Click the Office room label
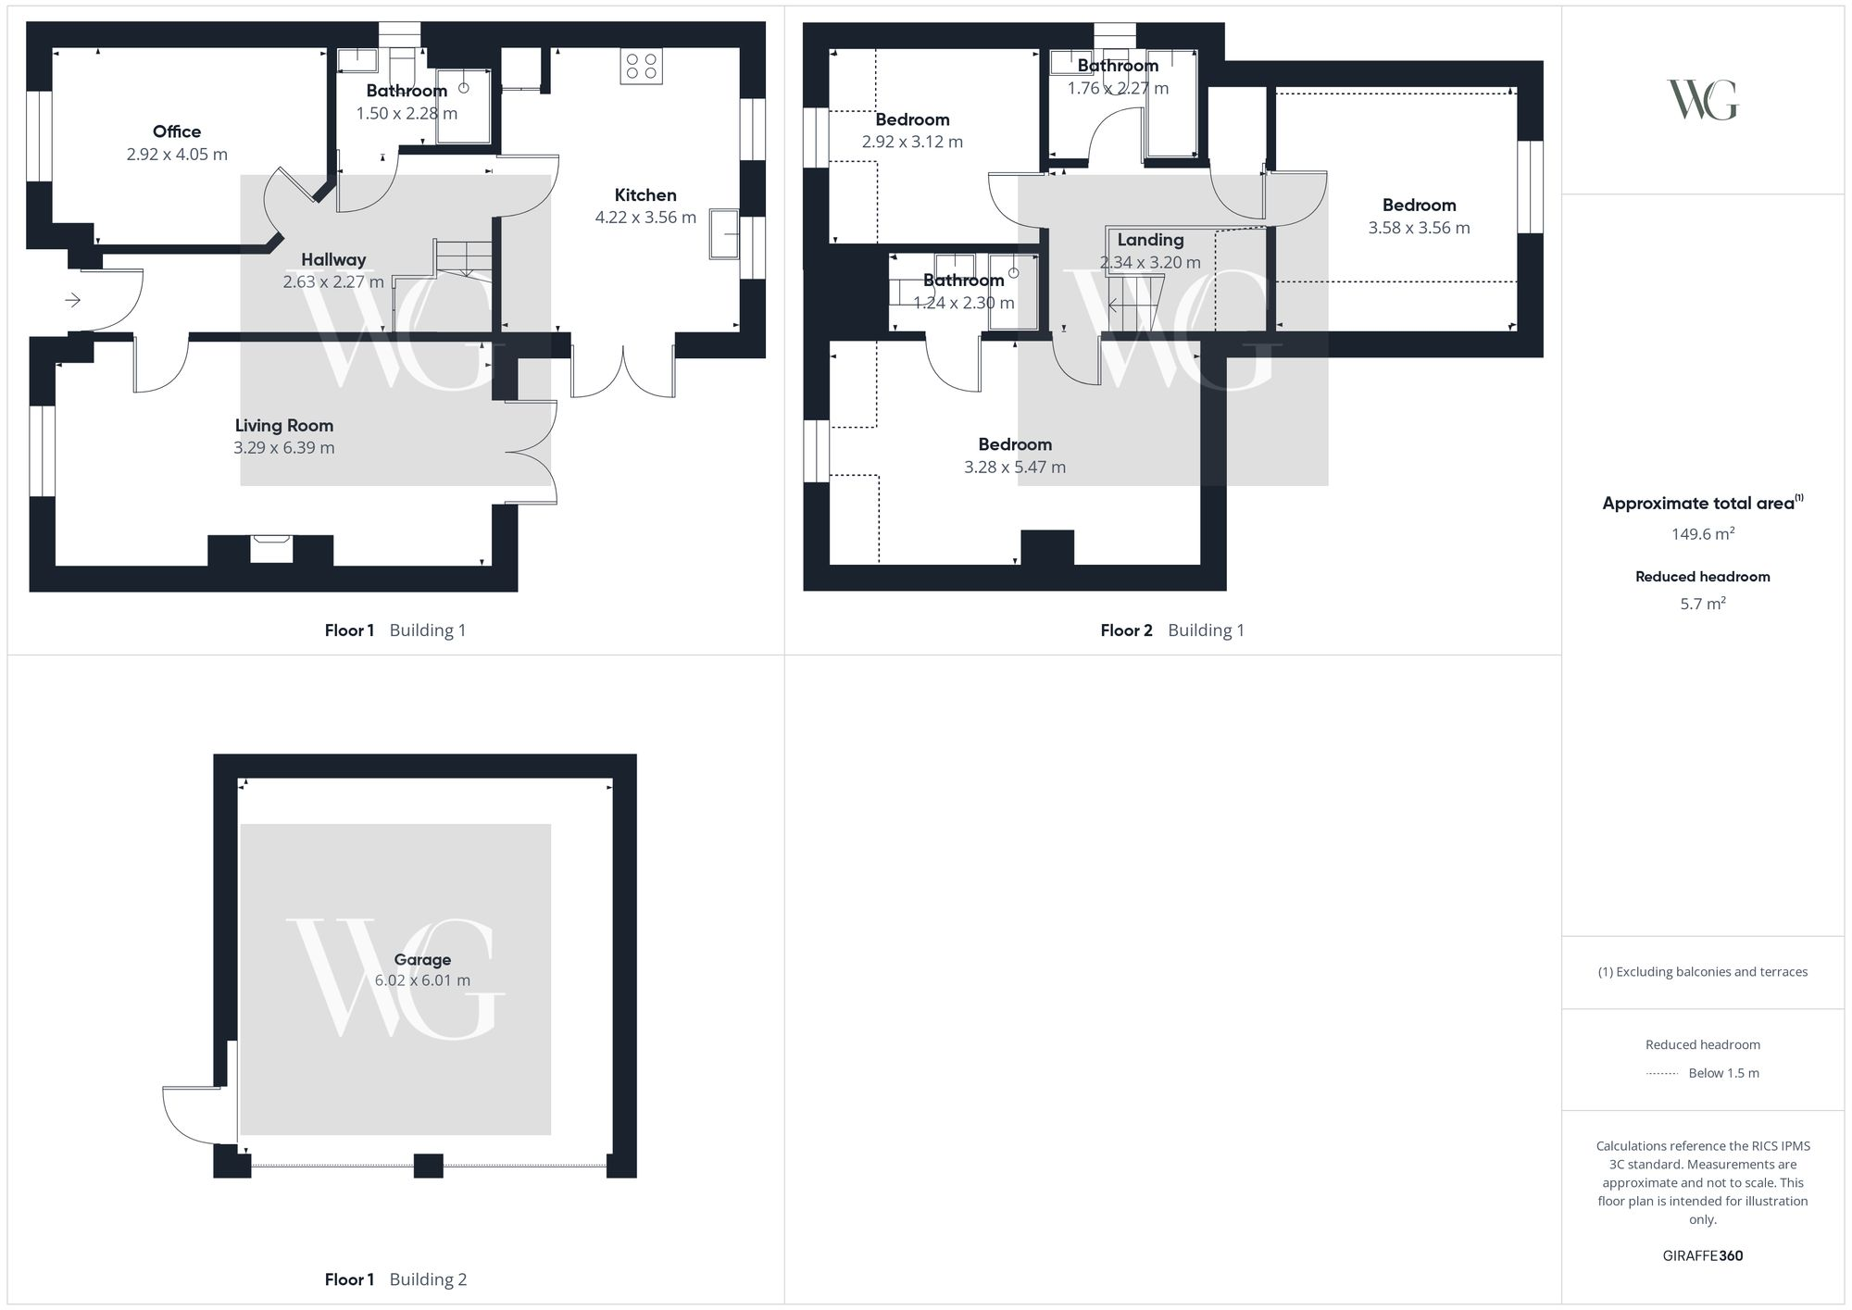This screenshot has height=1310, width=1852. coord(177,131)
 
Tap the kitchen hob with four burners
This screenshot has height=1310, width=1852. coord(641,66)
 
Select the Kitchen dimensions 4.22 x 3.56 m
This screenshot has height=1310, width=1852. coord(645,218)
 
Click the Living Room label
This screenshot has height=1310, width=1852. coord(283,426)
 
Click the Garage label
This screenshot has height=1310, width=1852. coord(422,960)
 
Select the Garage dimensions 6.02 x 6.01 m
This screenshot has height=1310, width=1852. coord(422,980)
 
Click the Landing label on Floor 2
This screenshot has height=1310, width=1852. coord(1150,240)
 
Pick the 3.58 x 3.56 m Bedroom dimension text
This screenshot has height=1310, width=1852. coord(1419,228)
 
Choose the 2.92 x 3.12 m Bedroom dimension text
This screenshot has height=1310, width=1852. coord(912,143)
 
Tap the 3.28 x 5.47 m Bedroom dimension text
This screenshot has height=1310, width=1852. coord(1015,468)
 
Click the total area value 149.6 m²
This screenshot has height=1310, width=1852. coord(1702,534)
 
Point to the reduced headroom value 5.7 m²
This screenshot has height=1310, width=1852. coord(1702,604)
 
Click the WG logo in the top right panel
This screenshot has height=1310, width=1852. coord(1702,100)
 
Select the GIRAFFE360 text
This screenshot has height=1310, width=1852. coord(1702,1256)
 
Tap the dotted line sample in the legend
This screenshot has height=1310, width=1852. coord(1662,1074)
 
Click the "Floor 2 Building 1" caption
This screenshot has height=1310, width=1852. coord(1172,630)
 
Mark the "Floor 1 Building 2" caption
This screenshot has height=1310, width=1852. coord(395,1279)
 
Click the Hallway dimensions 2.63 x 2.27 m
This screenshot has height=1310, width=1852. coord(333,282)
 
